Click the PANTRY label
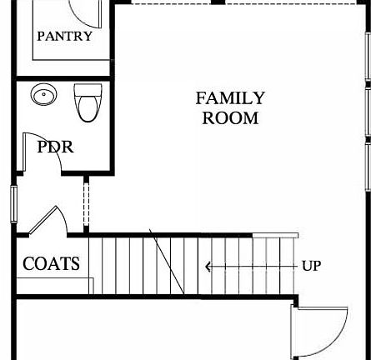tap(64, 37)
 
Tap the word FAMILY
tap(230, 98)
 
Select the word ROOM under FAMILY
tap(230, 118)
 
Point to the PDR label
tap(55, 147)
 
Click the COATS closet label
tap(51, 264)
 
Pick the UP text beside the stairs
tap(311, 266)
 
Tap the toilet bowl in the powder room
tap(87, 107)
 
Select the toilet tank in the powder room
tap(87, 90)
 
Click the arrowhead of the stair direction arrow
tap(208, 267)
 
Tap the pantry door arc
tap(83, 12)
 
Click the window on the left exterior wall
tap(13, 203)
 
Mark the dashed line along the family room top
tap(242, 3)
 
